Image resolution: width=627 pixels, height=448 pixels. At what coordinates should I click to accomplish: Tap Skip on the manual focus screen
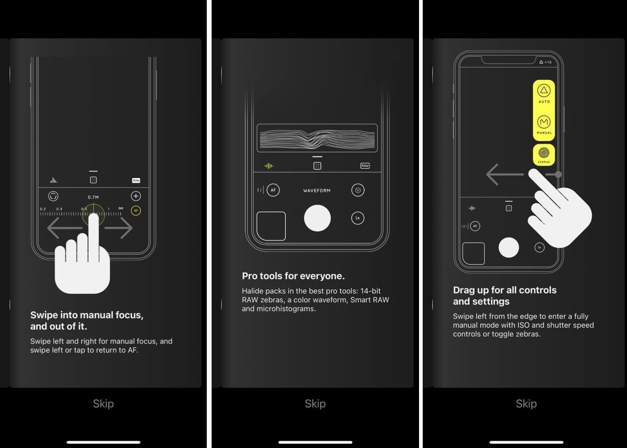click(x=103, y=404)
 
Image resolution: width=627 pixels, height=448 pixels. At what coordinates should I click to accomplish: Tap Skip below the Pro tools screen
click(x=315, y=404)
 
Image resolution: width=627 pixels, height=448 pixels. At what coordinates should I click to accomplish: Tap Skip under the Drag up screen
click(x=526, y=404)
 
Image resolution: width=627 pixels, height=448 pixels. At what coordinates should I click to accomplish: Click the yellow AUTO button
click(x=544, y=94)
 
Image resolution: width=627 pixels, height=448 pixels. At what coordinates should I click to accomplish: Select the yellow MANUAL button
click(x=544, y=124)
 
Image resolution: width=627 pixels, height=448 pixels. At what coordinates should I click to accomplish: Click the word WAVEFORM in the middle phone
click(x=317, y=191)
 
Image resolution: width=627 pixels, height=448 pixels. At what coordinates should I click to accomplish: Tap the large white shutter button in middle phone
click(x=317, y=218)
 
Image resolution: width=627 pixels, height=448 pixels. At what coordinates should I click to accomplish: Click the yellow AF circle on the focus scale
click(x=136, y=211)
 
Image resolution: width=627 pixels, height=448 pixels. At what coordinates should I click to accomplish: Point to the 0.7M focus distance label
click(x=93, y=197)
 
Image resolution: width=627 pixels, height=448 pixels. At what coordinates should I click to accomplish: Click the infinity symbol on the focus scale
click(x=121, y=209)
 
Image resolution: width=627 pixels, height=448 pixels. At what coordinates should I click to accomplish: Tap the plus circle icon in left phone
click(x=136, y=196)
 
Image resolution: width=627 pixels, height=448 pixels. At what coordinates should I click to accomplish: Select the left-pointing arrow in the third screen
click(x=504, y=174)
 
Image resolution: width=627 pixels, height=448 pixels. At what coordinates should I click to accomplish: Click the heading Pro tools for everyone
click(x=293, y=276)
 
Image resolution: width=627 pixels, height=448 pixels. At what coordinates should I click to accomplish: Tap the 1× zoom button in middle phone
click(x=358, y=218)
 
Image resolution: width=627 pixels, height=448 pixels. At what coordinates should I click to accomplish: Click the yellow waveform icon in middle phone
click(x=269, y=166)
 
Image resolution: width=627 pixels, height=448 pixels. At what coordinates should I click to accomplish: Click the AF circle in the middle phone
click(x=273, y=190)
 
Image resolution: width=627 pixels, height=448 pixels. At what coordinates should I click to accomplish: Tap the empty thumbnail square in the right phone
click(x=474, y=254)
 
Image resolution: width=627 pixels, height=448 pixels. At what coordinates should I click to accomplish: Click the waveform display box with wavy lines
click(x=317, y=138)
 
